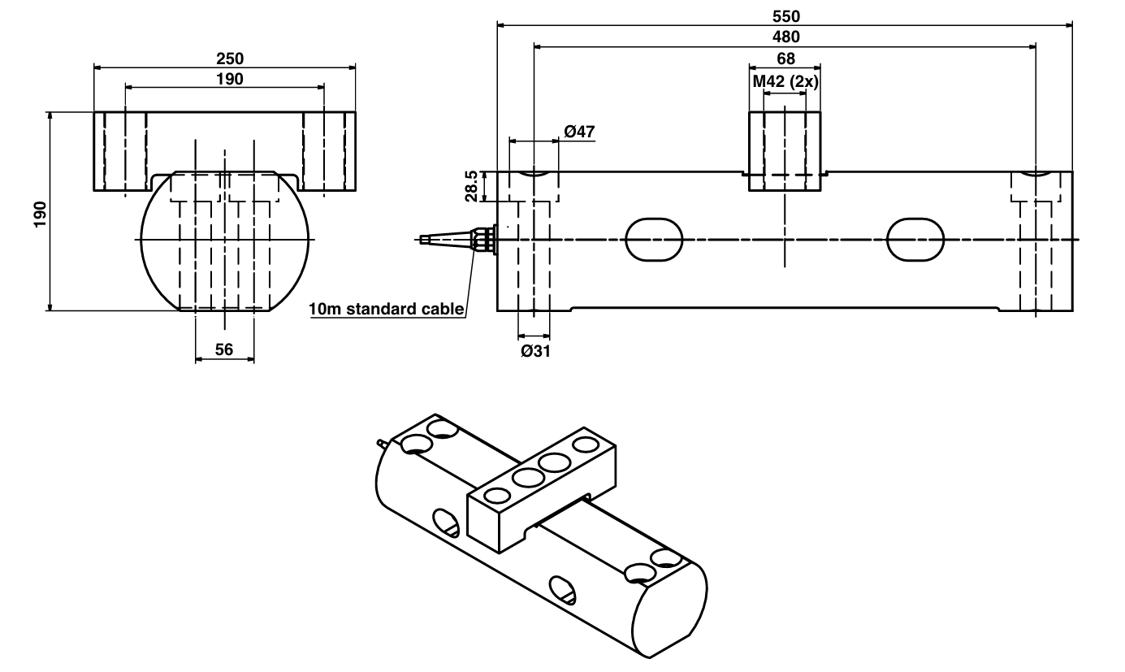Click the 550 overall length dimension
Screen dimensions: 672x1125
coord(785,15)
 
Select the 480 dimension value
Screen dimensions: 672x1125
coord(785,37)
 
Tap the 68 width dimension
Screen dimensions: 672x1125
coord(785,59)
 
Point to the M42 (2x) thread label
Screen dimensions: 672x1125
coord(785,81)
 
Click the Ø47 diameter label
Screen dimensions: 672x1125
coord(578,130)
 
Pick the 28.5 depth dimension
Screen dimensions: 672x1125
coord(472,187)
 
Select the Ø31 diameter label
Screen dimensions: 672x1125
coord(533,351)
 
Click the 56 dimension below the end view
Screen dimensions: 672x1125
coord(224,349)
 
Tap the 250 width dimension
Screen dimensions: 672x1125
coord(229,59)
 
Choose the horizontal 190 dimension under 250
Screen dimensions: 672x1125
coord(229,79)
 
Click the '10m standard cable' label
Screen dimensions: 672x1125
coord(386,309)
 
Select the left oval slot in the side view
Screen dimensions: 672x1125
coord(654,240)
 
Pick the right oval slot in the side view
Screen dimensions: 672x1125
coord(915,240)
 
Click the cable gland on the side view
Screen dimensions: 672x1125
coord(483,239)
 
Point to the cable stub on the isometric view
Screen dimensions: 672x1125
coord(382,444)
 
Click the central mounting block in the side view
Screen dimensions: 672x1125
coord(785,151)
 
